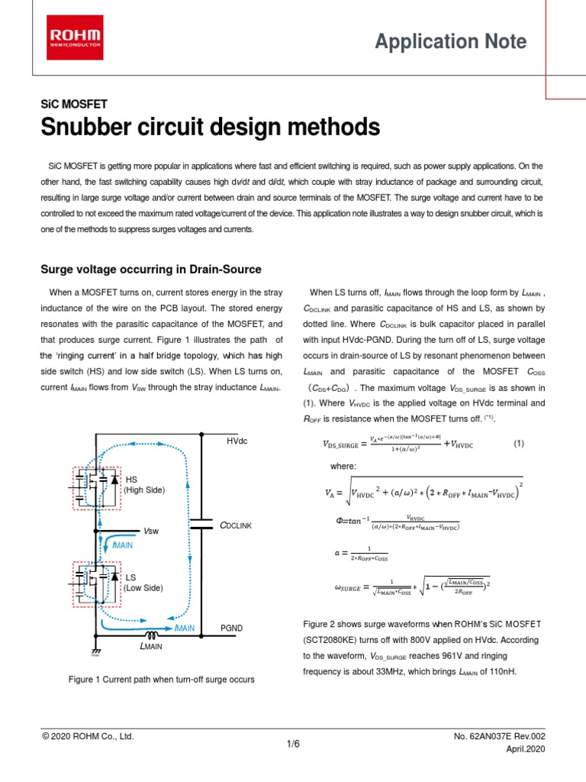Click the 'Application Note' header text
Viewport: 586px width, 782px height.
pyautogui.click(x=450, y=41)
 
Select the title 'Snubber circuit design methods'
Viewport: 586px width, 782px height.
pyautogui.click(x=210, y=126)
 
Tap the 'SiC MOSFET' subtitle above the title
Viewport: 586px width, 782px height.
pyautogui.click(x=73, y=104)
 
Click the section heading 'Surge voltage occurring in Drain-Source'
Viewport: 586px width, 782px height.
pyautogui.click(x=150, y=270)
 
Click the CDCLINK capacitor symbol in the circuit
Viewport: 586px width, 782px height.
pyautogui.click(x=201, y=526)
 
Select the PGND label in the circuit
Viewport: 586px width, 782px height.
pyautogui.click(x=232, y=628)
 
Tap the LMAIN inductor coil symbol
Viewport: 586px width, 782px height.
pyautogui.click(x=153, y=634)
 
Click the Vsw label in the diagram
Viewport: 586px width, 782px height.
pyautogui.click(x=152, y=532)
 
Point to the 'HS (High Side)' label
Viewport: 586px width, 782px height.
pyautogui.click(x=144, y=484)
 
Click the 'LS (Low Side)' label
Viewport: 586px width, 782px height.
pyautogui.click(x=142, y=583)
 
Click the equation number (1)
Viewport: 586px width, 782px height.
pyautogui.click(x=519, y=443)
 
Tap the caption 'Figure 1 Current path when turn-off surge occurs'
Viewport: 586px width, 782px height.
pyautogui.click(x=161, y=679)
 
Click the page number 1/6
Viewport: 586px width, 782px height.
pyautogui.click(x=293, y=744)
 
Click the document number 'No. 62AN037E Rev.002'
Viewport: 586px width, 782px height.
pyautogui.click(x=500, y=736)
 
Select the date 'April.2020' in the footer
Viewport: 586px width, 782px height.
pyautogui.click(x=526, y=751)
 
